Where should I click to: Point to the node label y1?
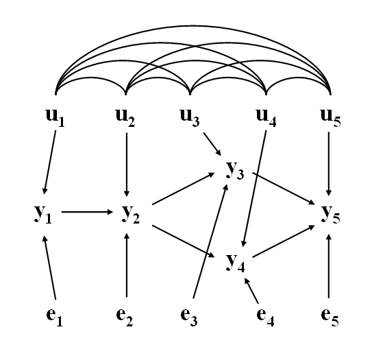43,214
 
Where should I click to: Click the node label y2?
131,214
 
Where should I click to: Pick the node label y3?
235,170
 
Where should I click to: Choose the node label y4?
235,263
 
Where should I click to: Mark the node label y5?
331,214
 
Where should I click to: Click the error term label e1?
55,317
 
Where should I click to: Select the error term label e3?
189,317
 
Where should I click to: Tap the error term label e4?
265,317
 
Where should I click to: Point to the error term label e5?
330,317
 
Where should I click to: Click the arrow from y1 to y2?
87,212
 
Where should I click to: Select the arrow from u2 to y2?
127,165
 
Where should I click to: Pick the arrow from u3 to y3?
212,144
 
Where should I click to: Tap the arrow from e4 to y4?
251,291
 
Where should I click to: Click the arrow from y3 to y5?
284,189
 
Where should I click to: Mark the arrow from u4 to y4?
254,189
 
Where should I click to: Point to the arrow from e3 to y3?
210,241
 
